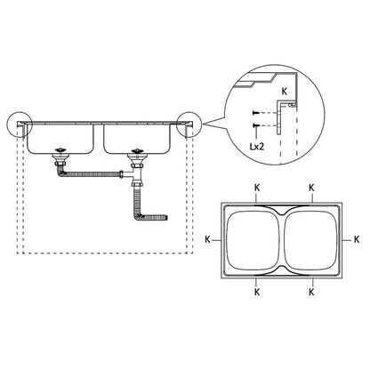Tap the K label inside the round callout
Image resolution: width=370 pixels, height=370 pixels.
(284, 91)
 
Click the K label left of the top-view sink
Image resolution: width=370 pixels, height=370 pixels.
(206, 240)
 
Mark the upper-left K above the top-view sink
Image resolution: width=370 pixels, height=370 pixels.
(256, 187)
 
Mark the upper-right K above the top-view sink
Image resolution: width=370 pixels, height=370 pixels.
(310, 187)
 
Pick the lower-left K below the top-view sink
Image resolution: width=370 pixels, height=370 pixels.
(256, 291)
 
